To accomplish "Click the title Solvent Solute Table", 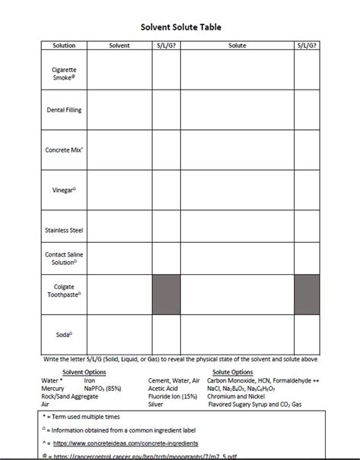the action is tap(180, 27).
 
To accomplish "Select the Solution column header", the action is tap(64, 46).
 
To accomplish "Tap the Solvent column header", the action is tap(119, 46).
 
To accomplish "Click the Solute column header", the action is tap(237, 46).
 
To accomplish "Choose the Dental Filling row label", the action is tap(64, 110).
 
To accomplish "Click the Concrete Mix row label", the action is tap(64, 150).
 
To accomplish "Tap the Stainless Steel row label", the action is tap(64, 229).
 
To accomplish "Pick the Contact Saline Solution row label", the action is tap(64, 257).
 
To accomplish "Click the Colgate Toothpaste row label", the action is tap(64, 293).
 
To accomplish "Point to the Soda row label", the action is tap(64, 332).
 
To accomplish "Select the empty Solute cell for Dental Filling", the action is tap(237, 110).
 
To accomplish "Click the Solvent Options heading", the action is tap(85, 372).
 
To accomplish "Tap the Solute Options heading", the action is tap(231, 372).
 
